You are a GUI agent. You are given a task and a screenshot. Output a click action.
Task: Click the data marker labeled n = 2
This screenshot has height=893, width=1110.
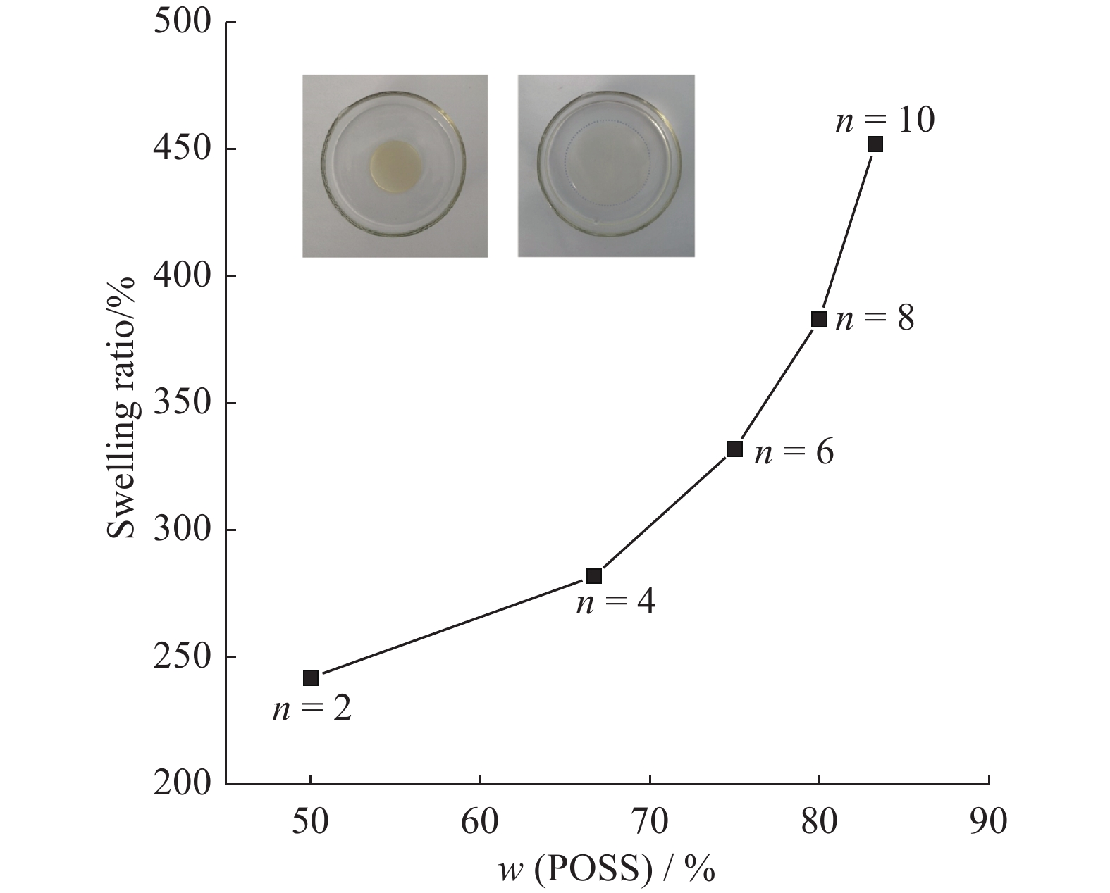[311, 678]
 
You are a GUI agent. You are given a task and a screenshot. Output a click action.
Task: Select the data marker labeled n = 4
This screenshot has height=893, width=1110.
[594, 576]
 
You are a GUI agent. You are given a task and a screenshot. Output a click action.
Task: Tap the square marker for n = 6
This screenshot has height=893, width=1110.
[734, 449]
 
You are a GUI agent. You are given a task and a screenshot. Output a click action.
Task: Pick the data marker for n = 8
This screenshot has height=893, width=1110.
[819, 320]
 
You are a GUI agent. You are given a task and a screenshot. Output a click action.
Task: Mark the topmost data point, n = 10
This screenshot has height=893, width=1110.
[875, 144]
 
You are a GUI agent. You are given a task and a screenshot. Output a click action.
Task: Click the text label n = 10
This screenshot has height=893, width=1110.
[885, 120]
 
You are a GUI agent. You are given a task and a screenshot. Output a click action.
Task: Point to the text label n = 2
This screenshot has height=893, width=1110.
[312, 708]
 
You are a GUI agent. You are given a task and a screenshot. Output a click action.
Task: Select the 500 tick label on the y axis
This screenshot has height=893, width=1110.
[182, 23]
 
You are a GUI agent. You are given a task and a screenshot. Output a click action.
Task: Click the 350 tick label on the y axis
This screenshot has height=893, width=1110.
[182, 403]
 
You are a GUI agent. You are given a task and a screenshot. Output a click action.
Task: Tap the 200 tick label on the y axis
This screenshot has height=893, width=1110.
[182, 783]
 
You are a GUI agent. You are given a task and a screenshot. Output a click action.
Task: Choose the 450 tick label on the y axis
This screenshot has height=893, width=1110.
[182, 149]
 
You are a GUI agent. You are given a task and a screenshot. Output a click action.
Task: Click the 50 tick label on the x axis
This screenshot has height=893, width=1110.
[311, 822]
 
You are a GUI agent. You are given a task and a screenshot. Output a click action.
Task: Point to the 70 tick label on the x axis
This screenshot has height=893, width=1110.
[649, 822]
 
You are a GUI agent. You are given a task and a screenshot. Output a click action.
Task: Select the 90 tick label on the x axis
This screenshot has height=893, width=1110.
[988, 822]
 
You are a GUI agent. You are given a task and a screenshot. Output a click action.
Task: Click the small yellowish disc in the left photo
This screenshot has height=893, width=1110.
[395, 167]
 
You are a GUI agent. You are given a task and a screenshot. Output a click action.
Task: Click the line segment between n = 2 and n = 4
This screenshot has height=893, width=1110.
[452, 627]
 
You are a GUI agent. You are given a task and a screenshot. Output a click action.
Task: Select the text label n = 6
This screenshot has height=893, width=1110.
[794, 451]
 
